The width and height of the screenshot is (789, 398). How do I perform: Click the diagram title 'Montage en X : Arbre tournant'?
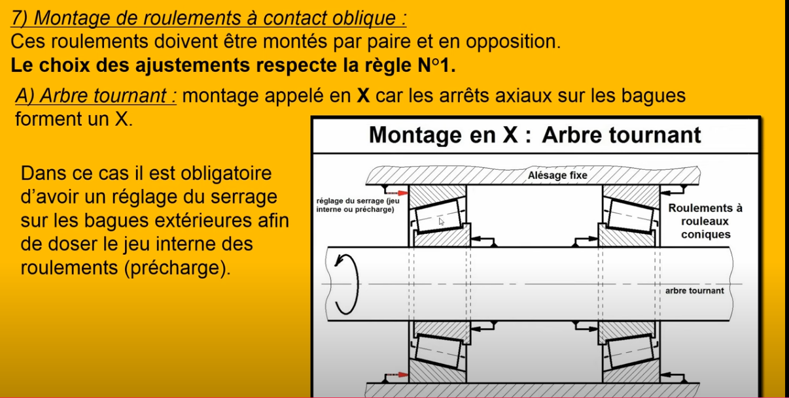tap(535, 135)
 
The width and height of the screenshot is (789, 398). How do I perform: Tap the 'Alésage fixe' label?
tap(557, 175)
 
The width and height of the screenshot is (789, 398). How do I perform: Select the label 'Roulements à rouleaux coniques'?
tap(705, 221)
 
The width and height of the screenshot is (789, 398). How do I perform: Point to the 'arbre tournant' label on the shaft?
tap(694, 291)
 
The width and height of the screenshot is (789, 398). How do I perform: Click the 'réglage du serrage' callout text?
tap(358, 205)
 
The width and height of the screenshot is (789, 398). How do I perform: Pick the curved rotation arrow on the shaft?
tap(346, 284)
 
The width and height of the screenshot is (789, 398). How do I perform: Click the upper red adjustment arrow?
tap(396, 193)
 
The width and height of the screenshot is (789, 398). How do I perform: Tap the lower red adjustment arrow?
tap(396, 374)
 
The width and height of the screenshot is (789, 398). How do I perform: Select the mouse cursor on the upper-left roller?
tap(442, 222)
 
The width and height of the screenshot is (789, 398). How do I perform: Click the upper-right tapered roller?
tap(631, 216)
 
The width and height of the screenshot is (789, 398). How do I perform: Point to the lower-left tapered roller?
tap(438, 352)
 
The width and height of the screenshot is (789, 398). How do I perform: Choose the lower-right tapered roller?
tap(631, 351)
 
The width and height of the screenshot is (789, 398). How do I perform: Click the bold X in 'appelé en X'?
tap(363, 95)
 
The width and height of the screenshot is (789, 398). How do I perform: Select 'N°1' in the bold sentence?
tap(436, 65)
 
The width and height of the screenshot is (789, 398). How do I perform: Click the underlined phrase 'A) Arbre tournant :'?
tap(96, 95)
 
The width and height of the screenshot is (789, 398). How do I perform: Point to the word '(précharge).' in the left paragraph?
tap(177, 268)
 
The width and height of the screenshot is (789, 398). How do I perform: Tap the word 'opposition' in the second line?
tap(513, 42)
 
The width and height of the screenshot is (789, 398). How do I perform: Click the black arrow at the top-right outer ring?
tap(672, 191)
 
